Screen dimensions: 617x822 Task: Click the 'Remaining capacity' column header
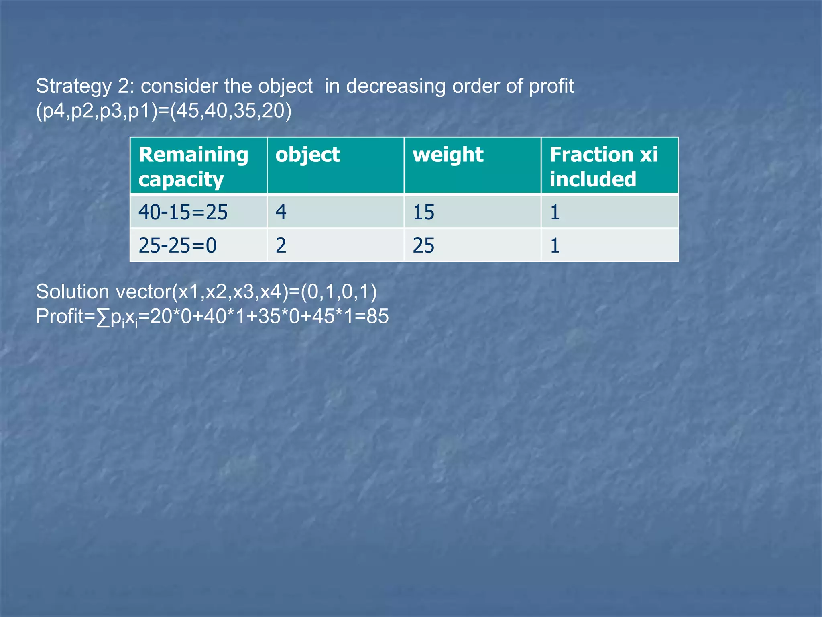coord(193,166)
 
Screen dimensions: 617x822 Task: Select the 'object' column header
coord(307,155)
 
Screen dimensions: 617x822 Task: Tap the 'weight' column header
coord(448,155)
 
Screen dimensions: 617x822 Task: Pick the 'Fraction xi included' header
coord(603,166)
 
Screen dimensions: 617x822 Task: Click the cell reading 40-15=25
coord(183,212)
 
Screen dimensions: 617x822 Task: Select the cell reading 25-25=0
coord(177,245)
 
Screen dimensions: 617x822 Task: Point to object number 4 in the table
coord(281,212)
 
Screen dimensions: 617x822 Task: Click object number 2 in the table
coord(281,245)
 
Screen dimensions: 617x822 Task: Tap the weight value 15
coord(423,212)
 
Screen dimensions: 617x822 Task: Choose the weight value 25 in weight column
coord(423,245)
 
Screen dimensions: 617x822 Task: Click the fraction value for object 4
coord(555,212)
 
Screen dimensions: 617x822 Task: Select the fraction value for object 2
coord(555,245)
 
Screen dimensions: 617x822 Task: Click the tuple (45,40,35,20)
coord(231,111)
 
